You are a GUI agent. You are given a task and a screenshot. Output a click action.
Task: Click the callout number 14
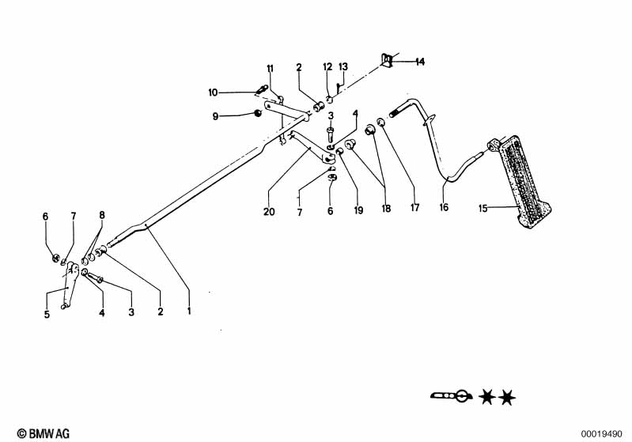point(419,61)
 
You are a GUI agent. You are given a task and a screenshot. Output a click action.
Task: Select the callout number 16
point(444,208)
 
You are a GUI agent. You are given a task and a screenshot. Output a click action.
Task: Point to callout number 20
point(269,212)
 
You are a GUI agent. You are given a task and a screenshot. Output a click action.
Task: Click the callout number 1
point(189,312)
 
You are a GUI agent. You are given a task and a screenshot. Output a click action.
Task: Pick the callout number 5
point(47,314)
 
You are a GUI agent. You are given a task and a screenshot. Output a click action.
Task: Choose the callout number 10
point(213,93)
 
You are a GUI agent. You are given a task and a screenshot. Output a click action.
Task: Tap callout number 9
point(215,116)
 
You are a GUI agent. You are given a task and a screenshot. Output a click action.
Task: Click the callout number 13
point(343,66)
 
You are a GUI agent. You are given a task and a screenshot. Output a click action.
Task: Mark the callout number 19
point(359,212)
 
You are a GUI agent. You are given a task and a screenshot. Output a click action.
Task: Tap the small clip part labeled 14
point(388,60)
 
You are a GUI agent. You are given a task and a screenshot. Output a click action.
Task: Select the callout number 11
point(269,68)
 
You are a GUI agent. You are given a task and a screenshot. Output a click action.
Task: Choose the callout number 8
point(101,216)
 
